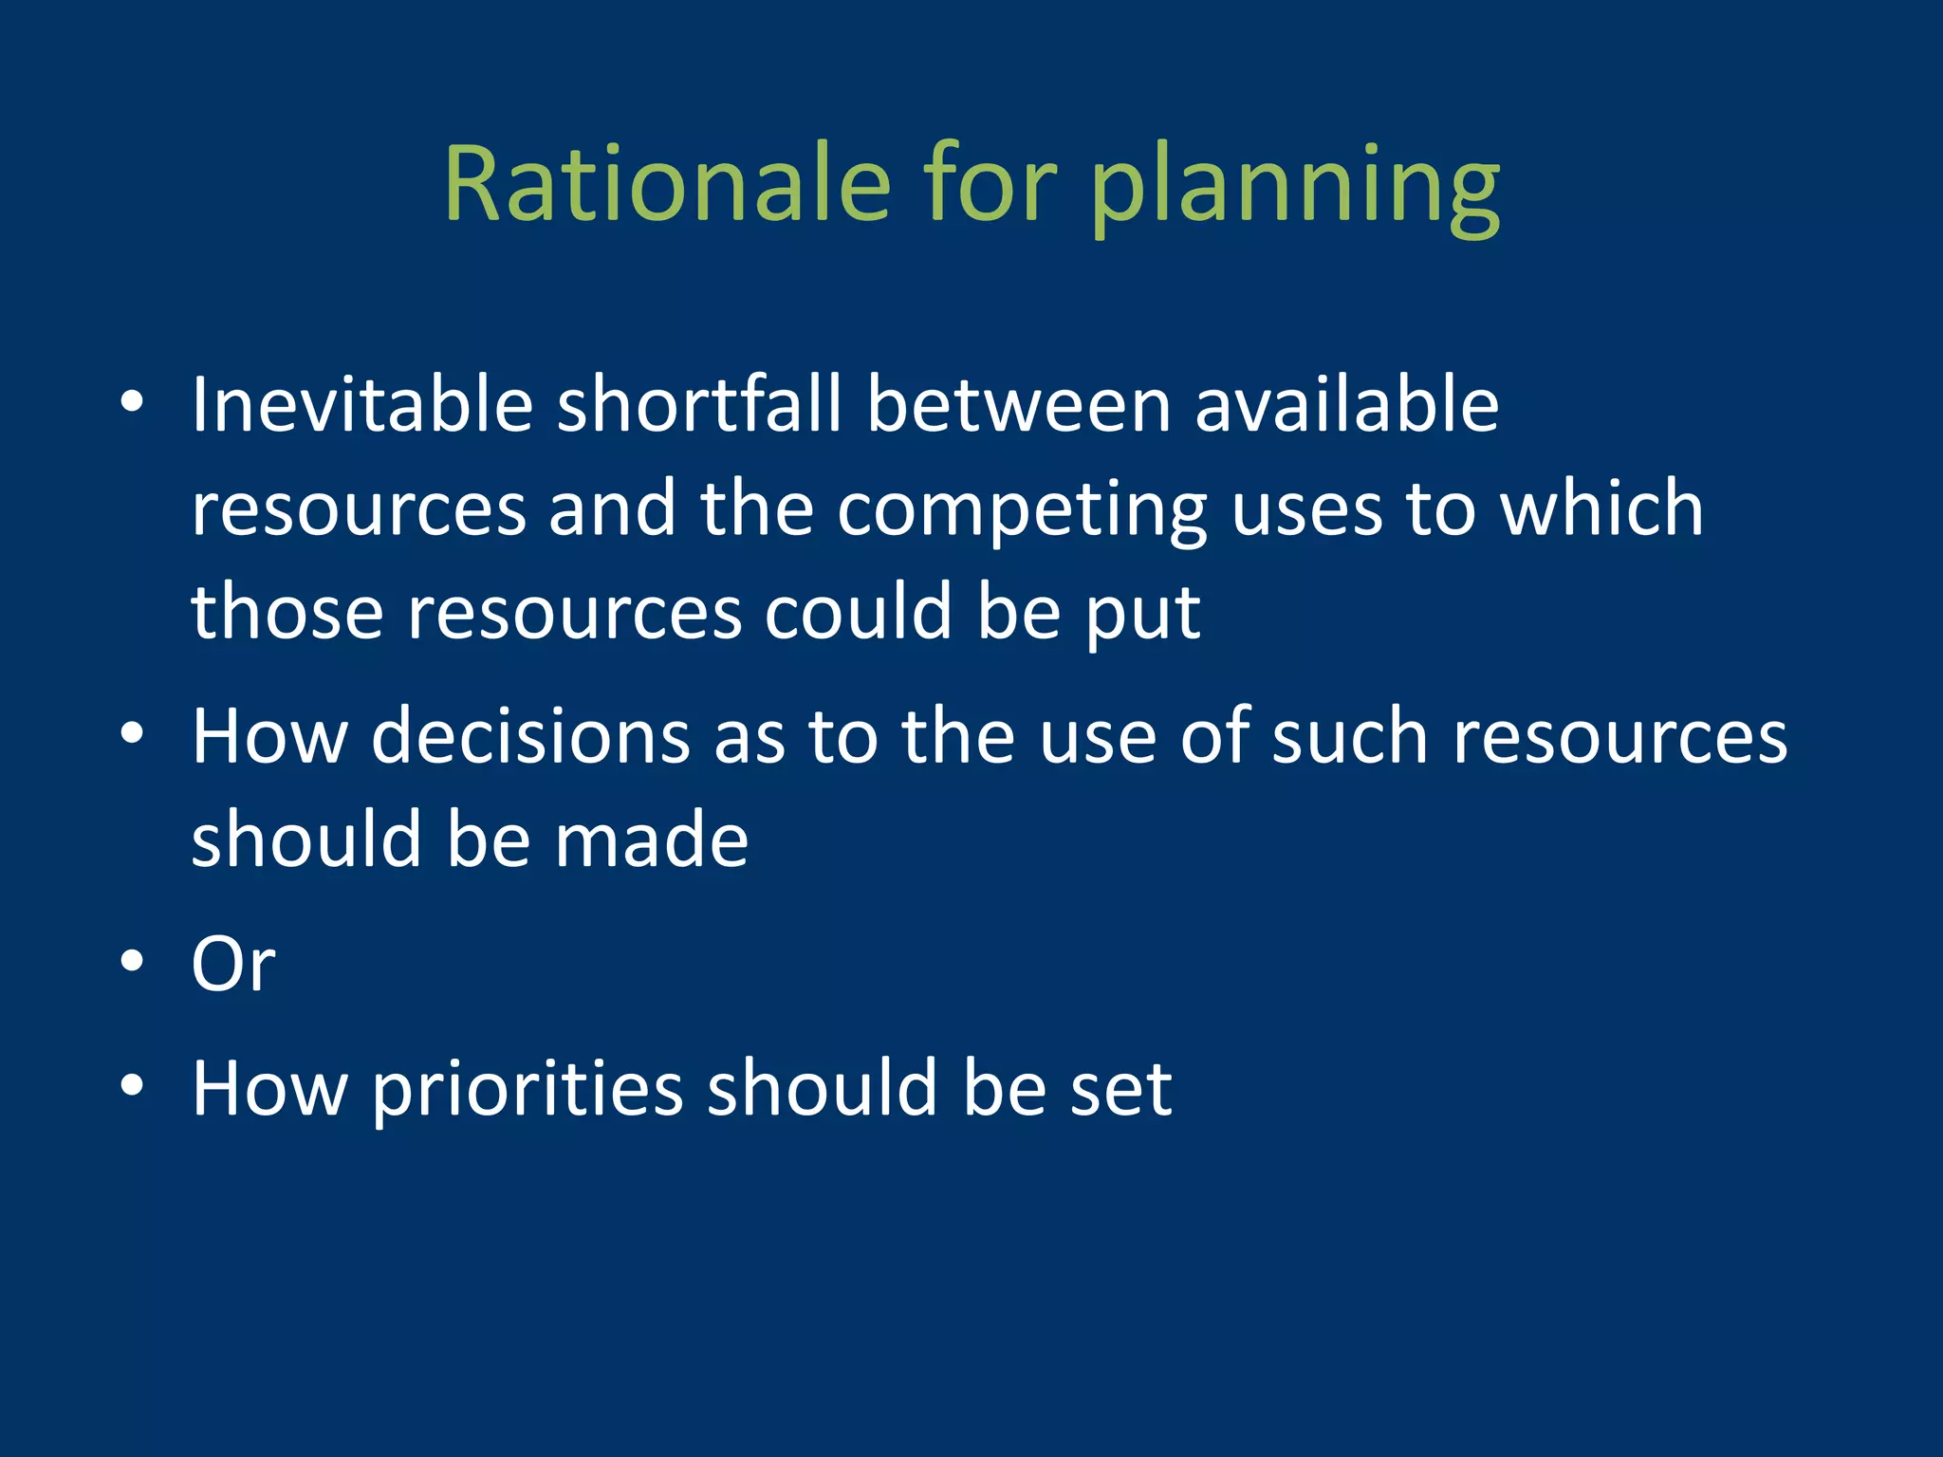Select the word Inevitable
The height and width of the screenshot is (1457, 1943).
click(362, 405)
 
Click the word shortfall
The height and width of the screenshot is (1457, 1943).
click(699, 405)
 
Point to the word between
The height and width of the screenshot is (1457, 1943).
click(1019, 405)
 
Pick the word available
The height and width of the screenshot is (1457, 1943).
click(1346, 405)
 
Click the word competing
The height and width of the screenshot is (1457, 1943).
click(1022, 512)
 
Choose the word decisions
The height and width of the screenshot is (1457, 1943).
click(530, 737)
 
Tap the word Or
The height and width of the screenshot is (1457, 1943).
click(233, 965)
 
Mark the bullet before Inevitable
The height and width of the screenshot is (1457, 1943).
click(132, 404)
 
